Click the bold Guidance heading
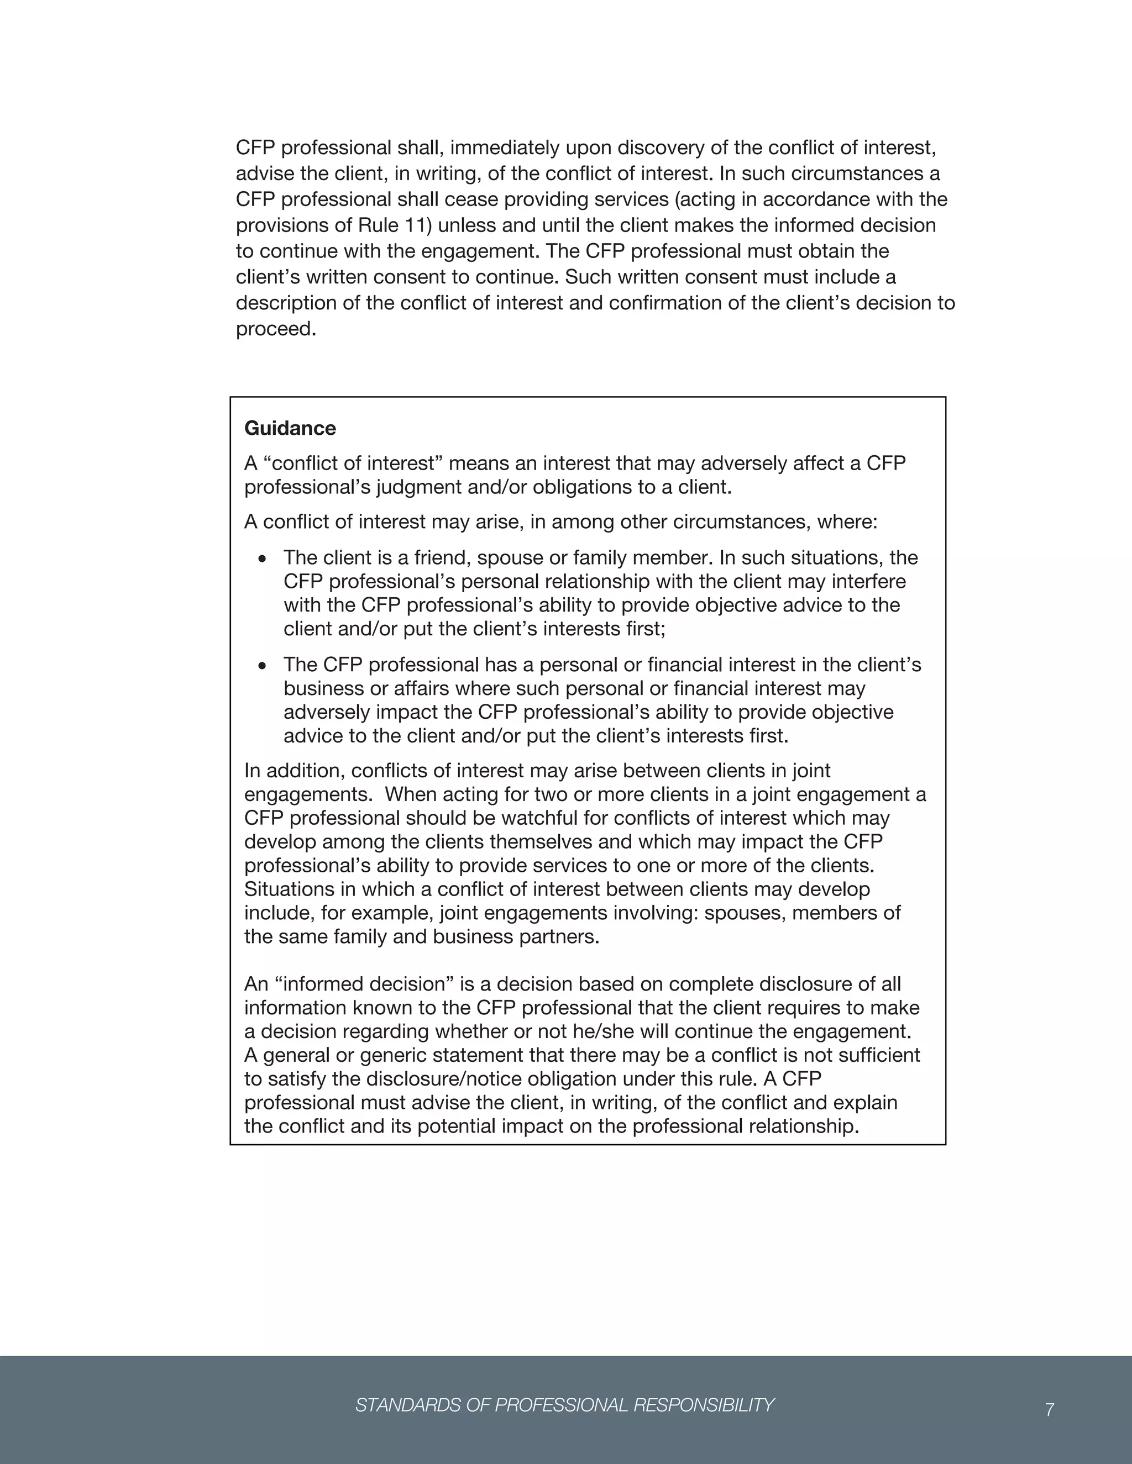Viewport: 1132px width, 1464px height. click(290, 428)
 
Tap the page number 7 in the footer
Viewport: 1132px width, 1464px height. click(1050, 1410)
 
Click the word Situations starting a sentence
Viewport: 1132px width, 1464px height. click(292, 889)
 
